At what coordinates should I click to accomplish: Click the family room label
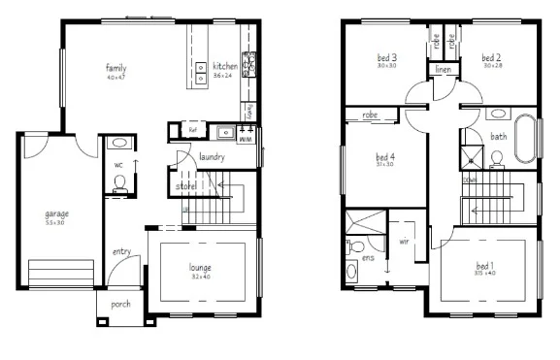tap(116, 68)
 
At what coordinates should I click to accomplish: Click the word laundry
tap(212, 156)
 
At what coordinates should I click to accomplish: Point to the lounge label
tap(201, 267)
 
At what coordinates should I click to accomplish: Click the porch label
tap(121, 304)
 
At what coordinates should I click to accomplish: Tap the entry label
tap(121, 252)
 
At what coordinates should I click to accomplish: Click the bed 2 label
tap(491, 59)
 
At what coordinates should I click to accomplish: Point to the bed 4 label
tap(385, 157)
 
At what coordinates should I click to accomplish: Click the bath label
tap(498, 137)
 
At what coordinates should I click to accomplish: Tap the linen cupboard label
tap(444, 71)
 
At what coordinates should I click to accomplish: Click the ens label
tap(369, 259)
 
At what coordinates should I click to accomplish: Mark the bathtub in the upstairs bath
tap(525, 138)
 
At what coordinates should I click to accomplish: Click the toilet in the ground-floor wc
tap(120, 184)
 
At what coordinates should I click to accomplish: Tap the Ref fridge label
tap(192, 129)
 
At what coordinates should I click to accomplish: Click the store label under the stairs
tap(185, 185)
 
